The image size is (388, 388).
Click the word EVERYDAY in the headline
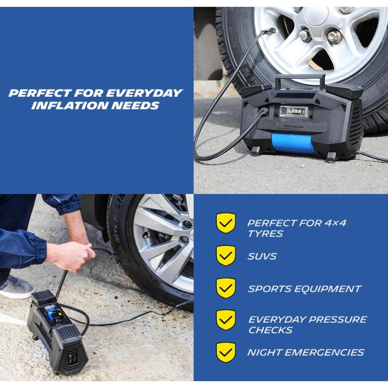click(x=145, y=93)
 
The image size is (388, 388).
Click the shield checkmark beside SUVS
click(x=226, y=256)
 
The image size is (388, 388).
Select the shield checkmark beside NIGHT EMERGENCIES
click(x=226, y=352)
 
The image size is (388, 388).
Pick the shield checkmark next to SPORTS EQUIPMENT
click(x=226, y=288)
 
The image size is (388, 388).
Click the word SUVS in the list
click(x=262, y=257)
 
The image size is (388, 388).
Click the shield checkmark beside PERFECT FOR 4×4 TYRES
click(x=226, y=223)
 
